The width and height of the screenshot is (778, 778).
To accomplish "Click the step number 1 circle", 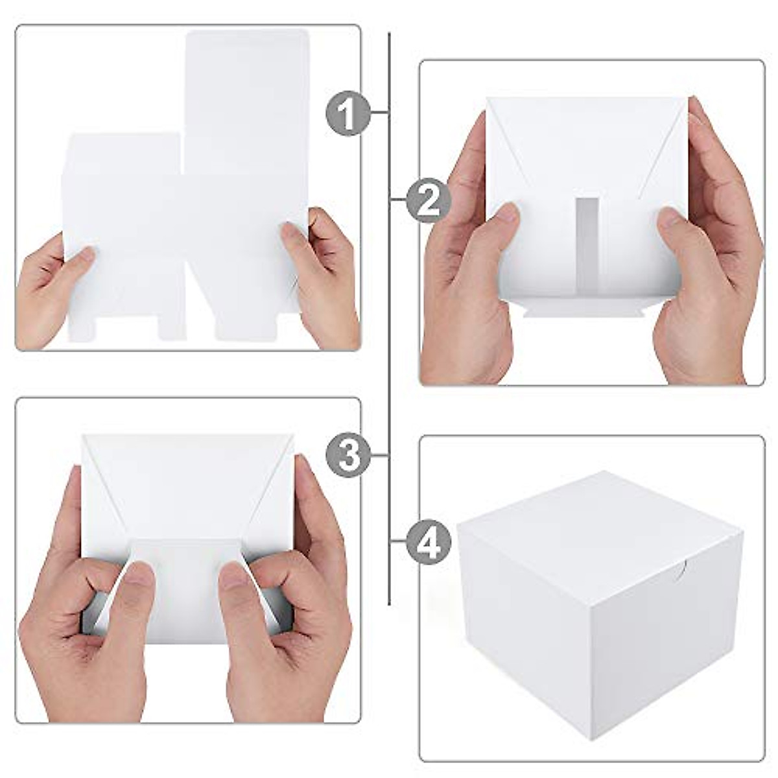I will point(348,113).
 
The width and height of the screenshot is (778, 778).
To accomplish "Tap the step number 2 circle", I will point(429,201).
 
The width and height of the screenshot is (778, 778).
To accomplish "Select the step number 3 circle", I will point(348,455).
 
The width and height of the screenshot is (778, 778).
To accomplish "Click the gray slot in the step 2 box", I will point(587,246).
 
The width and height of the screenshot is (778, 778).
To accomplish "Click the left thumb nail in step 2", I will point(507,213).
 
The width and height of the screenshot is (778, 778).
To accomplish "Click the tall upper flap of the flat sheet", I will point(246,97).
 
